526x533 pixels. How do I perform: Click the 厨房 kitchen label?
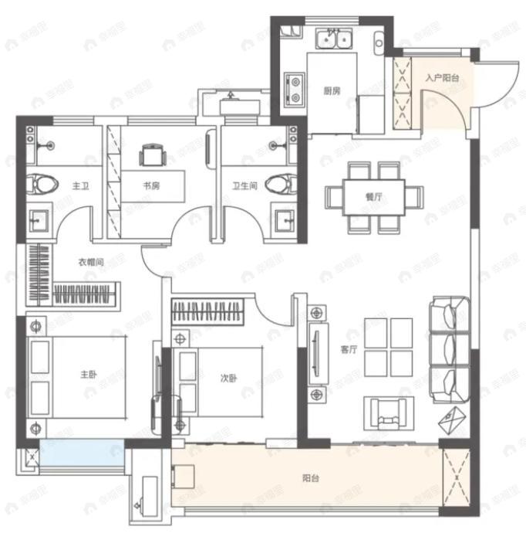[x=332, y=90]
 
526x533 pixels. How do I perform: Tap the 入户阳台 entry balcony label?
[x=442, y=78]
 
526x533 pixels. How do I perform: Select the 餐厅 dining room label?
[x=375, y=196]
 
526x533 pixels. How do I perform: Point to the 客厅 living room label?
[x=349, y=349]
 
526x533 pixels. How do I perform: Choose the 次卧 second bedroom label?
[x=228, y=378]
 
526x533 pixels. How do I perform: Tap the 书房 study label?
[x=151, y=186]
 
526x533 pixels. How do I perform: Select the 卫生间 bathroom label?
[x=244, y=186]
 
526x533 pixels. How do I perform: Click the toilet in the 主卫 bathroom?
[x=43, y=184]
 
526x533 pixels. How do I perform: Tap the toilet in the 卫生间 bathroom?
[x=281, y=184]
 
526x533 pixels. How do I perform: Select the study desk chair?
[x=152, y=156]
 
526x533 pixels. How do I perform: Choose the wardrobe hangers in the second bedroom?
[x=209, y=311]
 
